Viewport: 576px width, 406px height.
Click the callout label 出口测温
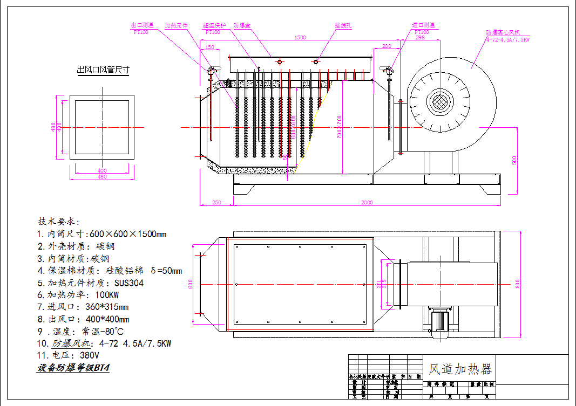[x=143, y=25]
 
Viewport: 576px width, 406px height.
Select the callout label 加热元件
[x=175, y=25]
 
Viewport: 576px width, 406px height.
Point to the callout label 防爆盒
[x=241, y=25]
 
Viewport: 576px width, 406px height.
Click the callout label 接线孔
[x=343, y=25]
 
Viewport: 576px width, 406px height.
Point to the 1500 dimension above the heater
[x=300, y=38]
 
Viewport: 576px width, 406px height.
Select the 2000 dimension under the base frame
[x=367, y=202]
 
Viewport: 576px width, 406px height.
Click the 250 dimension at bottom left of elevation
[x=216, y=202]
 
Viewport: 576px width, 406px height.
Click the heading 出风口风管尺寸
[x=103, y=70]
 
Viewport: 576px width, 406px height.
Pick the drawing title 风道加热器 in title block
[x=460, y=369]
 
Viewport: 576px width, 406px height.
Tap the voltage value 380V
[x=89, y=355]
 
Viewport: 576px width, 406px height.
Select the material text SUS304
[x=129, y=283]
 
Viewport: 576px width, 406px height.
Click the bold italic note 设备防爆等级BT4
[x=73, y=368]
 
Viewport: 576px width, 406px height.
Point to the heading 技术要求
[x=59, y=221]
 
